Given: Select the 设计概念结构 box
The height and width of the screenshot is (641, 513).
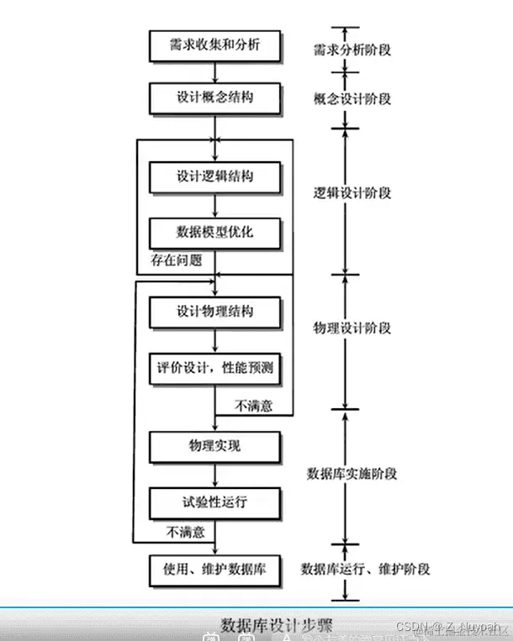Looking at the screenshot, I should pos(214,97).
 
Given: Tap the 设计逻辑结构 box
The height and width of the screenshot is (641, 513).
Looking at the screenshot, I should pos(214,177).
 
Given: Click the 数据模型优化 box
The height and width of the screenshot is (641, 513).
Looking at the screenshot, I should pos(214,231).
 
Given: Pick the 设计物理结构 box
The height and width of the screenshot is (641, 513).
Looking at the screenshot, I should pos(214,312).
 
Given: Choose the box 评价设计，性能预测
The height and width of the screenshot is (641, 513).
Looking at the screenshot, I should pos(214,367).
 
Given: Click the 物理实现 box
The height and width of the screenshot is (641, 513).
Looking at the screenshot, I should pos(214,445).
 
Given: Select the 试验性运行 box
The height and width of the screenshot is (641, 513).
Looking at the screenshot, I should pos(214,502).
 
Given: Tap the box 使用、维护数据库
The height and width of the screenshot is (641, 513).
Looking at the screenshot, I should pos(214,568).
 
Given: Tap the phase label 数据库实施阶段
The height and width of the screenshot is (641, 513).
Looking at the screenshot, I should pos(352,473).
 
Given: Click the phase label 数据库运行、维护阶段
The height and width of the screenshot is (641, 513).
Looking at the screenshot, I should pos(365,569).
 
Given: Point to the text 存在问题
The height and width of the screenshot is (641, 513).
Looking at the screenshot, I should pos(177,260).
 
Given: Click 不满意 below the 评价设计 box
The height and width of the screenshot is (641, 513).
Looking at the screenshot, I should pos(254,406).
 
